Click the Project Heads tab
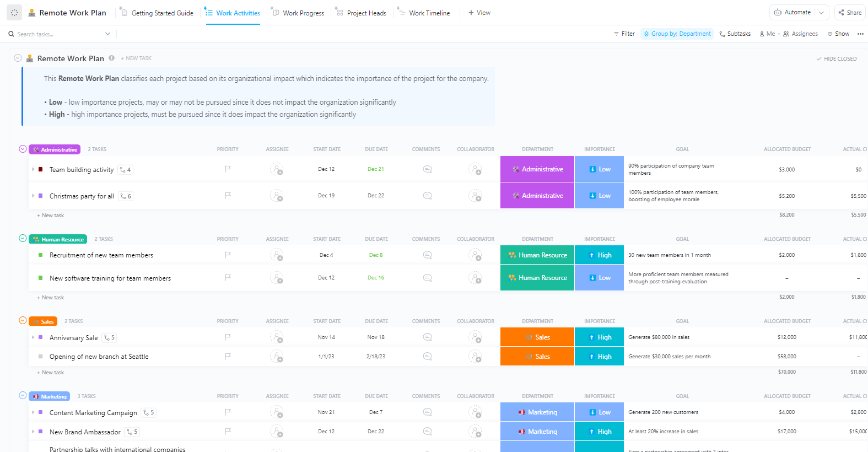(366, 13)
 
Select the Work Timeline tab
(429, 13)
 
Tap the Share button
(850, 13)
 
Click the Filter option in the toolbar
(624, 34)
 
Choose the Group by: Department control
(677, 34)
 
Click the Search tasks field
(55, 34)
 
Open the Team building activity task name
(82, 170)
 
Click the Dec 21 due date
(376, 169)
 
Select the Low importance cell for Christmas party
(599, 196)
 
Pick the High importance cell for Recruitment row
(599, 255)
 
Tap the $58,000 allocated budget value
(786, 357)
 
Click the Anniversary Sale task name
(74, 338)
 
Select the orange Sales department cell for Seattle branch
(537, 357)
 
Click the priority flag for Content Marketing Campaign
(228, 412)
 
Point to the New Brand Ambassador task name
(85, 432)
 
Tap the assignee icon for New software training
(277, 278)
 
